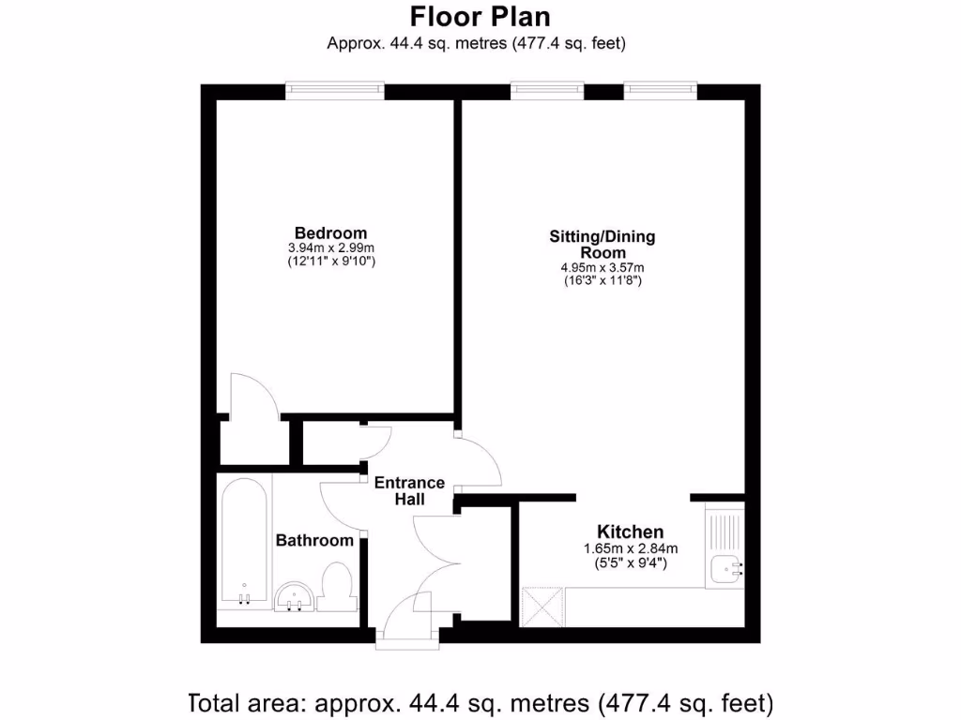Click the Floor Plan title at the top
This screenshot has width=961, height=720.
(480, 17)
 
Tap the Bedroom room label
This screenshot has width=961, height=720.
(330, 232)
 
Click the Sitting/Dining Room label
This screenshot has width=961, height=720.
(602, 245)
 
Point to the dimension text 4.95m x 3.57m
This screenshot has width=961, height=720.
(602, 267)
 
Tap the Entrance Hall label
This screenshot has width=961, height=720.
(410, 491)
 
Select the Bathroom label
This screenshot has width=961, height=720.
(314, 540)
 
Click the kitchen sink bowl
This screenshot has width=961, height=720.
(725, 568)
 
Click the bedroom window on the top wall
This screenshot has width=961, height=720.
(335, 90)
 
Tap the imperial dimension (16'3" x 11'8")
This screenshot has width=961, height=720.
(602, 280)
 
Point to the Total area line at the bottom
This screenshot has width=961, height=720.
(480, 701)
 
